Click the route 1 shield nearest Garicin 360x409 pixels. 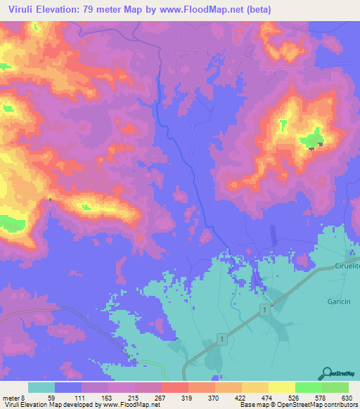point(264,310)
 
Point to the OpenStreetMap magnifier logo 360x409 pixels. point(326,374)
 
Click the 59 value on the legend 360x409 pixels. point(51,397)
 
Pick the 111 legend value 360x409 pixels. point(78,397)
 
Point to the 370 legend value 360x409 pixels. point(214,397)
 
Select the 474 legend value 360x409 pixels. point(267,397)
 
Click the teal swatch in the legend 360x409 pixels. point(41,387)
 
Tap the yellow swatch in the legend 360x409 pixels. point(281,387)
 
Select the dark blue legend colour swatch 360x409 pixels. point(68,387)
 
